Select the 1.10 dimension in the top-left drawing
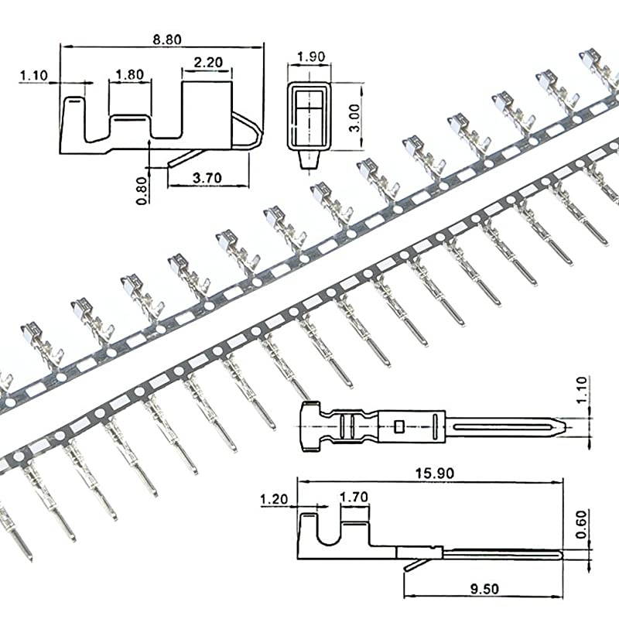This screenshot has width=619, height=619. click(x=33, y=75)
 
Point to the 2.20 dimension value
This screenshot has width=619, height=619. click(x=207, y=62)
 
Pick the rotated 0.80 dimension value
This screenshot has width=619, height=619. click(x=142, y=188)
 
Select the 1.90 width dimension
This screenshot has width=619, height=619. click(x=310, y=56)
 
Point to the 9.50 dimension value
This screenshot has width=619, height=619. click(x=481, y=587)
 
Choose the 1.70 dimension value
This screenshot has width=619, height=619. click(x=354, y=500)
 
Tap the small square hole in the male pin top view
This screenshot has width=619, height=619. click(x=398, y=426)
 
